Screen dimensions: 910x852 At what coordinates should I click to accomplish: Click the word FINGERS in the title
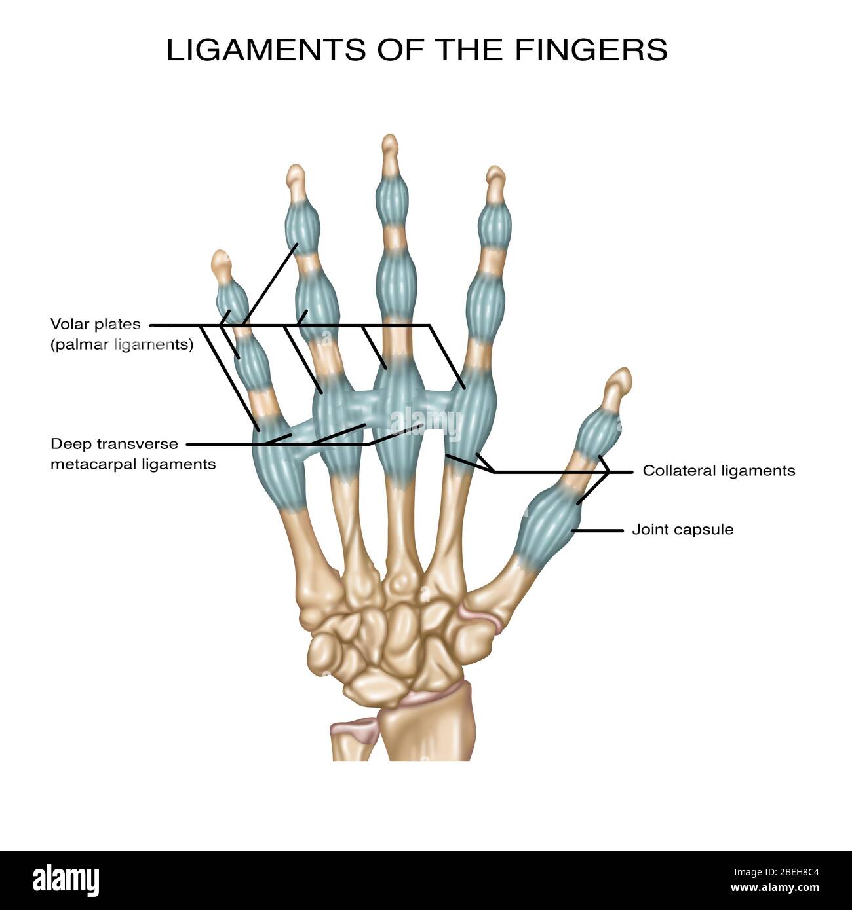(591, 50)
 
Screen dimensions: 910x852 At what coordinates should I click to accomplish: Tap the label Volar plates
(96, 324)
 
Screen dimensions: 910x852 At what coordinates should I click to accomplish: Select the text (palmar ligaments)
(122, 345)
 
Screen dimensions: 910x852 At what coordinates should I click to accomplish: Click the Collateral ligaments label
(718, 471)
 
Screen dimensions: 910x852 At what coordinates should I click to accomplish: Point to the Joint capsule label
(682, 530)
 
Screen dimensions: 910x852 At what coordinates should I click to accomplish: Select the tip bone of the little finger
(222, 264)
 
